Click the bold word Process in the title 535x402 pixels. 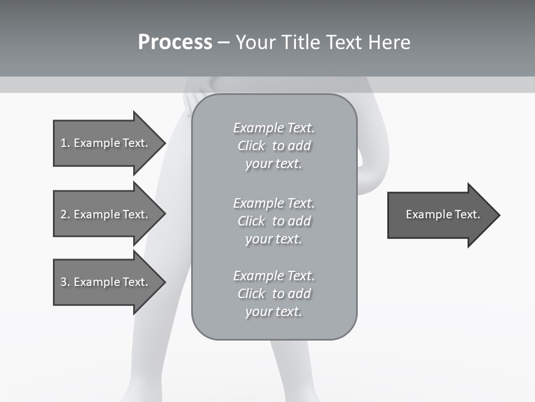pyautogui.click(x=175, y=42)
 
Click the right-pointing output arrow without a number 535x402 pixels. pyautogui.click(x=440, y=214)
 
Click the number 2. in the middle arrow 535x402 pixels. pyautogui.click(x=65, y=214)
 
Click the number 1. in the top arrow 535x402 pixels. pyautogui.click(x=65, y=143)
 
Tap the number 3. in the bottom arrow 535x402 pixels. pyautogui.click(x=65, y=282)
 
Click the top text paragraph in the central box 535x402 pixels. pyautogui.click(x=274, y=146)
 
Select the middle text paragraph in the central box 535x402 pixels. pyautogui.click(x=274, y=221)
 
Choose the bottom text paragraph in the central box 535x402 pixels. pyautogui.click(x=274, y=294)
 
